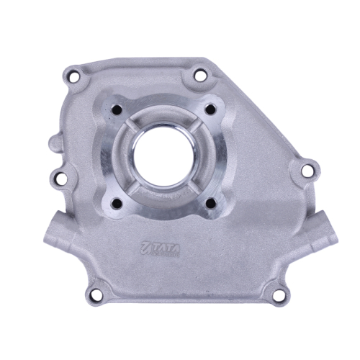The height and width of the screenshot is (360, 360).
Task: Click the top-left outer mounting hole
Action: (x=74, y=76)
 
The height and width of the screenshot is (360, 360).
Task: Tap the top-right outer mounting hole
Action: (x=199, y=75)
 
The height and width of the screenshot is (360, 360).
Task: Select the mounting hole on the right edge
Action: (x=307, y=170)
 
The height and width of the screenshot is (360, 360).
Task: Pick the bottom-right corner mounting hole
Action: (x=279, y=294)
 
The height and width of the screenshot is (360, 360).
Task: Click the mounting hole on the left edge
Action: (x=60, y=178)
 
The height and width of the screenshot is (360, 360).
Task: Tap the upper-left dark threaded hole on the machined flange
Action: (x=117, y=110)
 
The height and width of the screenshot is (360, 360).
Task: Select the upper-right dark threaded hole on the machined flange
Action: (x=211, y=109)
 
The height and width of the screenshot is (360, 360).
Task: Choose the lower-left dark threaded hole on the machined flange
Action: (x=117, y=203)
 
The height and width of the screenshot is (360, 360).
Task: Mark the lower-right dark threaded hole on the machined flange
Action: (x=211, y=203)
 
